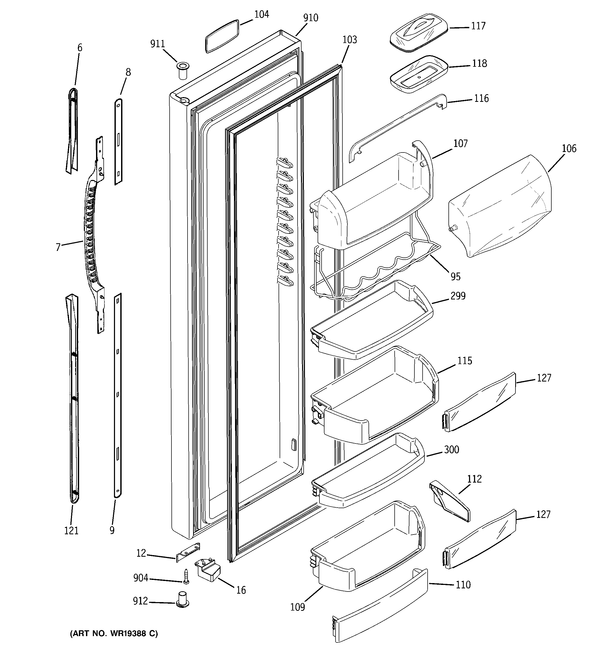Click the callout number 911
[157, 44]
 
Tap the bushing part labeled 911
[182, 70]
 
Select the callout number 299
[458, 296]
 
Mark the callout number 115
[465, 361]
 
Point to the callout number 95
[455, 277]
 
